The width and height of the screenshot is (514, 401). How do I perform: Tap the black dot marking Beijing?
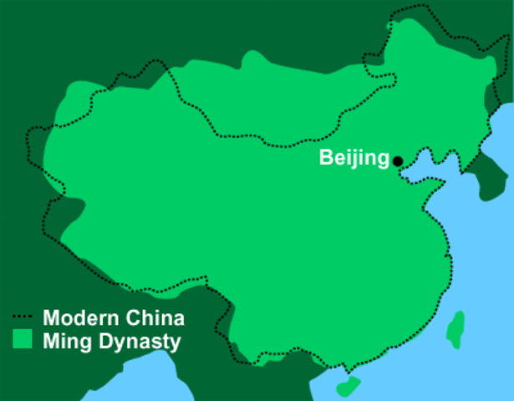point(398,161)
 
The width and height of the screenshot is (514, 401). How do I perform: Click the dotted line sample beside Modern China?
point(24,318)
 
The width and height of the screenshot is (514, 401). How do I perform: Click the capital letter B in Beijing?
point(325,158)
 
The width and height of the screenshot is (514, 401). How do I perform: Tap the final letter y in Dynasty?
point(175,343)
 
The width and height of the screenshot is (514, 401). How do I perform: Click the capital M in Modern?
point(52,318)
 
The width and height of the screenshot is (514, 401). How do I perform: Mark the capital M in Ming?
point(52,340)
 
